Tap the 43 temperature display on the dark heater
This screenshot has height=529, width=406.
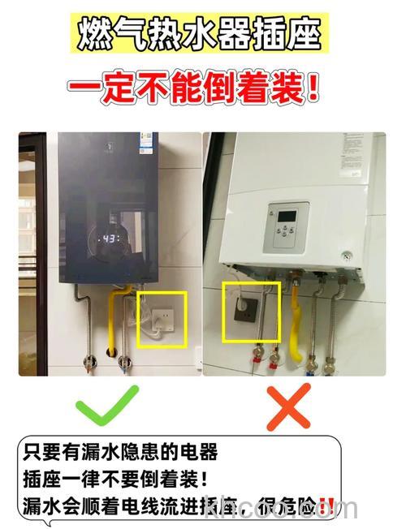[x=111, y=239]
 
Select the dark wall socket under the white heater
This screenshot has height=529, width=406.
[x=246, y=306]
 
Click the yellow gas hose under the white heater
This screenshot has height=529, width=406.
[x=299, y=325]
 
